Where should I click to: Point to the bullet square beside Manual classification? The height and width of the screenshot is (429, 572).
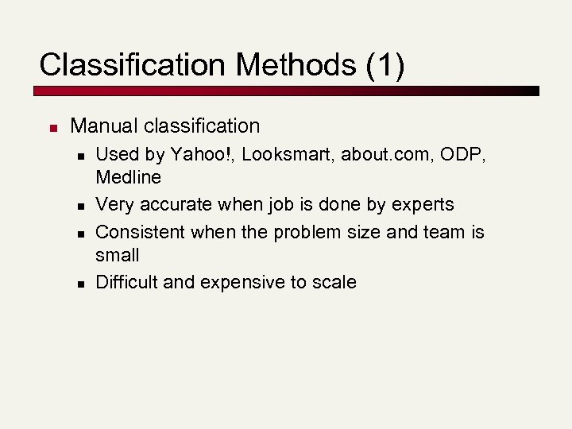(x=52, y=127)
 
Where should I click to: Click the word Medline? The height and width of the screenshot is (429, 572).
(x=128, y=176)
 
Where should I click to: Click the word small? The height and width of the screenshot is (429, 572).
(x=117, y=255)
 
